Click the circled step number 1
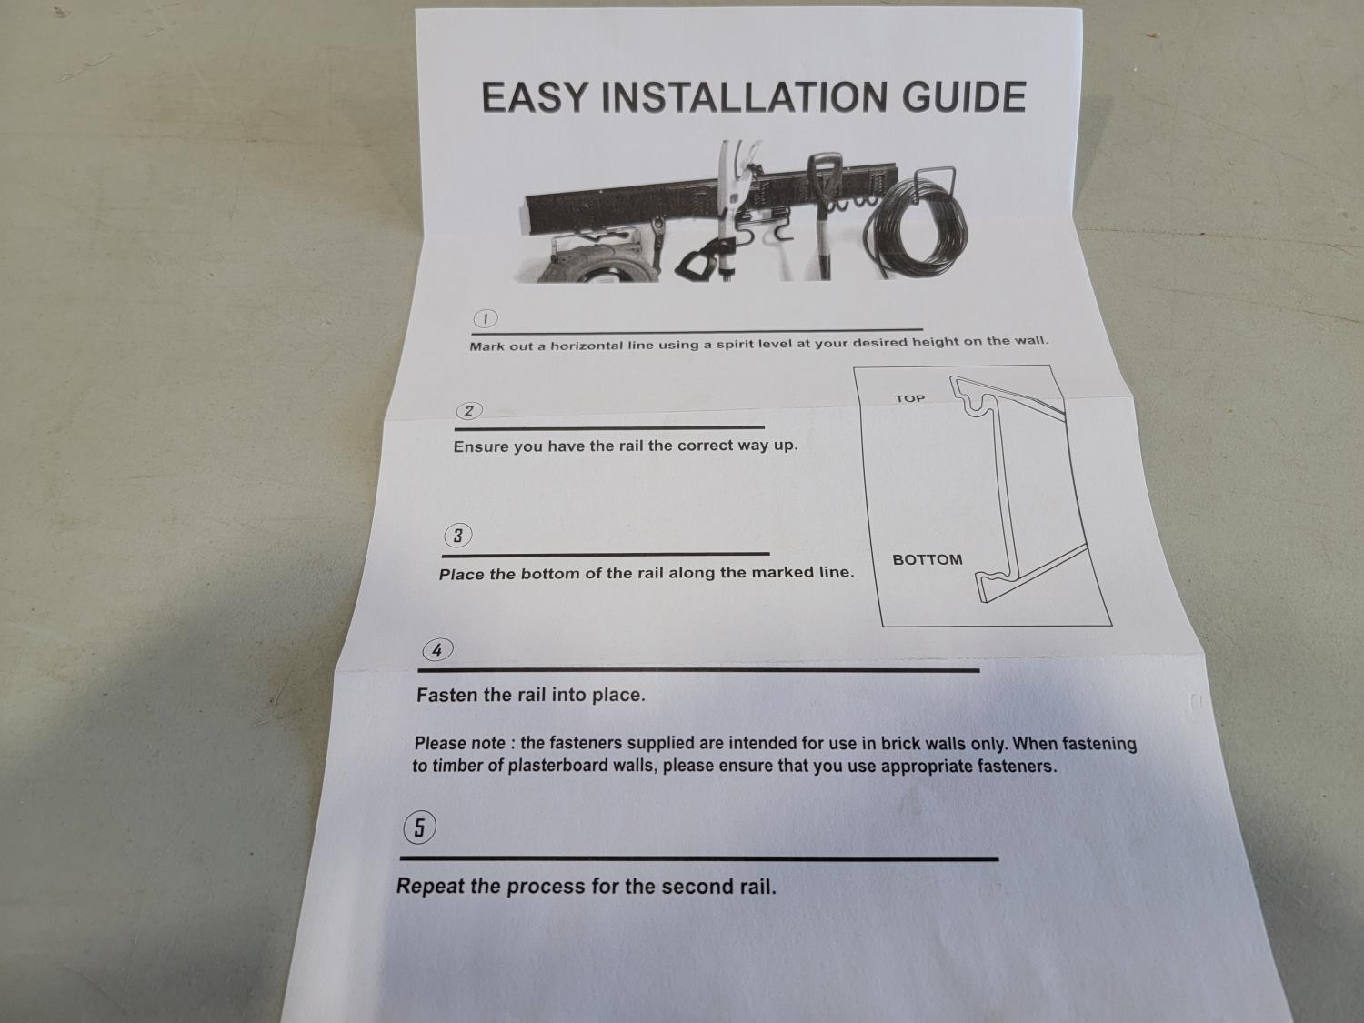(486, 318)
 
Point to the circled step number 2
(469, 411)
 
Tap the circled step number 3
(458, 536)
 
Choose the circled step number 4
(437, 650)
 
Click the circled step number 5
(419, 827)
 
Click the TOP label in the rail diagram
(909, 399)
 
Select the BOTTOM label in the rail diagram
(928, 559)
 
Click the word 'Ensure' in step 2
(481, 447)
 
